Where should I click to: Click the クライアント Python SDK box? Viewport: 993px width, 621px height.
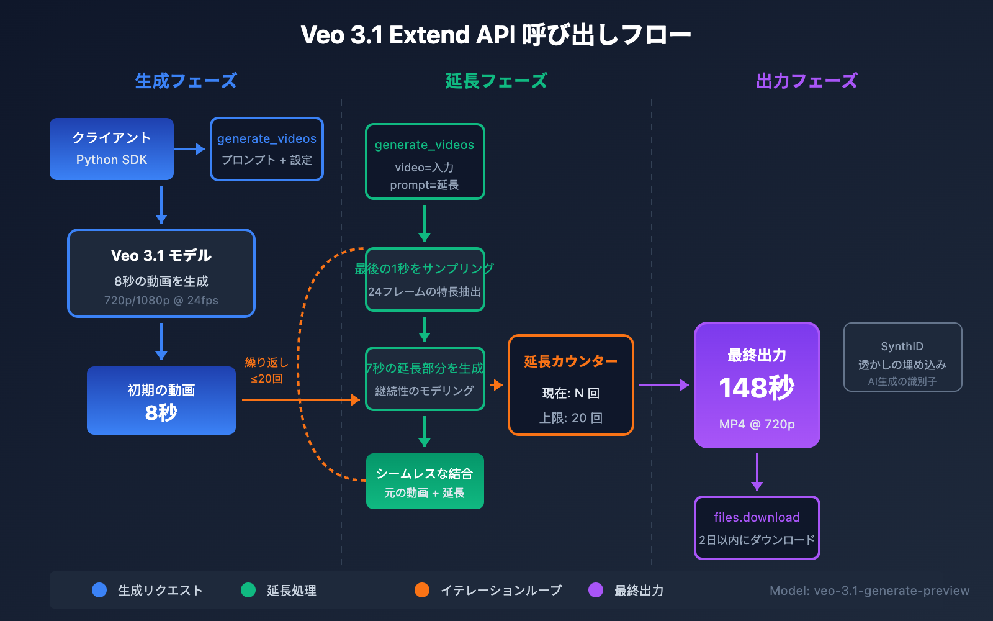pyautogui.click(x=112, y=149)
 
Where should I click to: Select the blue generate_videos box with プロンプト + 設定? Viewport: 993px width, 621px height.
pyautogui.click(x=267, y=149)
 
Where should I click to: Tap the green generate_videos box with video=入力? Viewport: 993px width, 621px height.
pyautogui.click(x=425, y=161)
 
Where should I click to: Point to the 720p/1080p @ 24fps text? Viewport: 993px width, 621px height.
pyautogui.click(x=161, y=301)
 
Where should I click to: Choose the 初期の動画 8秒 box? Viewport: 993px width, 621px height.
pyautogui.click(x=161, y=401)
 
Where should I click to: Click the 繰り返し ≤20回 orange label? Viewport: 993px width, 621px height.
pyautogui.click(x=267, y=370)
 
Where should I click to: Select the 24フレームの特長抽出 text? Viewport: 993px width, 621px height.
pyautogui.click(x=425, y=292)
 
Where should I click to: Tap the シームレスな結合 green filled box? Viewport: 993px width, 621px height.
pyautogui.click(x=425, y=481)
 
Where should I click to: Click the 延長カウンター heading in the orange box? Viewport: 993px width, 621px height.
pyautogui.click(x=570, y=361)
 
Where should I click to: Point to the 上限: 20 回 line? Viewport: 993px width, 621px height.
pyautogui.click(x=570, y=418)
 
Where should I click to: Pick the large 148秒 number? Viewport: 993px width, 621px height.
pyautogui.click(x=757, y=388)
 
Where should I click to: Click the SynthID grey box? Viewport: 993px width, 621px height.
pyautogui.click(x=902, y=357)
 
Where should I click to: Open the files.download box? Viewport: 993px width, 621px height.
pyautogui.click(x=757, y=528)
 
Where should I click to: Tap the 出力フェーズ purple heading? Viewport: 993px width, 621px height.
pyautogui.click(x=806, y=81)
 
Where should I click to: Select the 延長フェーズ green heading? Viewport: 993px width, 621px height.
pyautogui.click(x=496, y=81)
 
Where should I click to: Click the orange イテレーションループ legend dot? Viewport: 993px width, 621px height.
pyautogui.click(x=422, y=590)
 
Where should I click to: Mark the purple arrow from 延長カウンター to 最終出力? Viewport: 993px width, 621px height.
pyautogui.click(x=663, y=385)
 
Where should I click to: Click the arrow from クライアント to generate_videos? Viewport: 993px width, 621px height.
pyautogui.click(x=189, y=149)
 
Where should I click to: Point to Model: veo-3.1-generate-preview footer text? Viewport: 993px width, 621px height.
pyautogui.click(x=869, y=591)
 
